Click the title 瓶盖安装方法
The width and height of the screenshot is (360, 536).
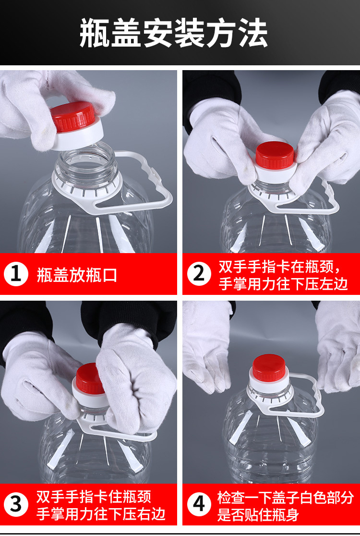[173, 33]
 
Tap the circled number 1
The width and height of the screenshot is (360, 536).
[16, 274]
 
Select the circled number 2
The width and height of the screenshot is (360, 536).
[199, 274]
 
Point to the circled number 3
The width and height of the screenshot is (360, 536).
[16, 504]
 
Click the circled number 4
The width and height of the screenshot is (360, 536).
[199, 504]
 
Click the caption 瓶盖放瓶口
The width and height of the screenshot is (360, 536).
[77, 275]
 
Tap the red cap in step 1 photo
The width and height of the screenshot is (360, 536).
[73, 117]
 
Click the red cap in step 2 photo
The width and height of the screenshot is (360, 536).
[275, 155]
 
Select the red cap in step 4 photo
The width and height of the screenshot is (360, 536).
[269, 367]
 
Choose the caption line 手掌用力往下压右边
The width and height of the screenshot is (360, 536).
[101, 514]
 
